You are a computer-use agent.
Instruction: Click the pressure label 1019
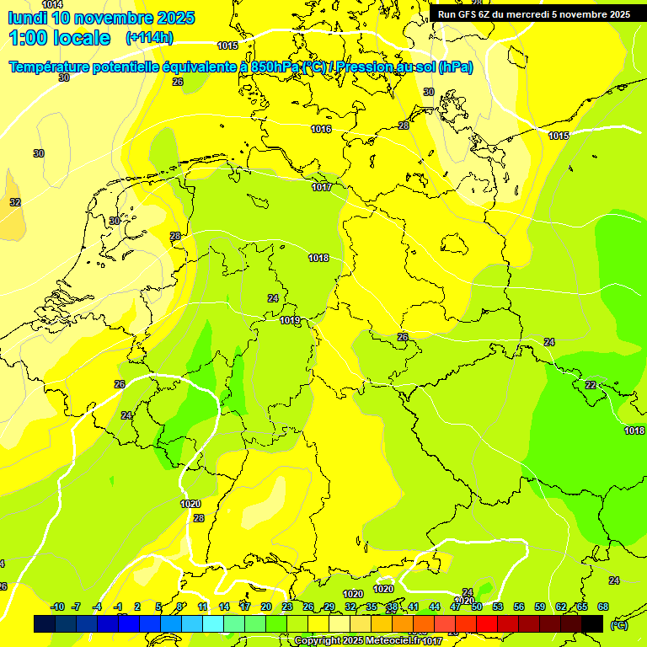point(290,320)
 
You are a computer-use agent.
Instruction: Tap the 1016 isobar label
point(320,129)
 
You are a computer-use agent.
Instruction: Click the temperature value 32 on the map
point(15,202)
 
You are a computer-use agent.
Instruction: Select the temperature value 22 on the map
point(591,385)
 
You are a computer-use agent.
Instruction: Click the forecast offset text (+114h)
point(149,38)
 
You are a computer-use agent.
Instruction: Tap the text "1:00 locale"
point(59,38)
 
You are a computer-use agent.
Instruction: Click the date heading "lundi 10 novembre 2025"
point(101,18)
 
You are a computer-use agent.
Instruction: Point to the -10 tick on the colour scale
point(57,607)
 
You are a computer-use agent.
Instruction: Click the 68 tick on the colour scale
point(603,607)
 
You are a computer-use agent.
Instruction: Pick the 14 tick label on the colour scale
point(224,607)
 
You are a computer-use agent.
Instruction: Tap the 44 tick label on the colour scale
point(435,607)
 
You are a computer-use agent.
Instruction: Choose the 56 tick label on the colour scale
point(519,607)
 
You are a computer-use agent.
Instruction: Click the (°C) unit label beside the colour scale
point(619,625)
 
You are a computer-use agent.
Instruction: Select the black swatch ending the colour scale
point(592,623)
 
